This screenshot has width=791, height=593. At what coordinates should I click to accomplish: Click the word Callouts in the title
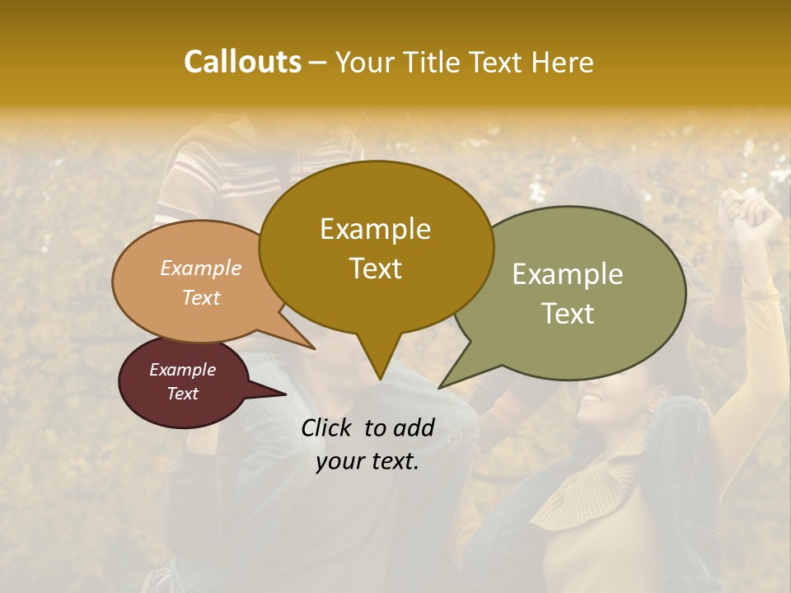pos(242,62)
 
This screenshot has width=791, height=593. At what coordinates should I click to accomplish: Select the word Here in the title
pos(562,63)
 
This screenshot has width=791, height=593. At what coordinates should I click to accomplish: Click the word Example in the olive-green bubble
pos(568,274)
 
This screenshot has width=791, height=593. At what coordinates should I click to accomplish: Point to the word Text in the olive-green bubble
pos(568,314)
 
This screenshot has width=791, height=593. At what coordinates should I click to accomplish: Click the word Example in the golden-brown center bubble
pos(375,229)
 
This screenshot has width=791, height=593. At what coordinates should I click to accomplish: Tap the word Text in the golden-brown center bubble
pos(375,268)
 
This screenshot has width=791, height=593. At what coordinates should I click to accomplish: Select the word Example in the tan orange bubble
pos(200,268)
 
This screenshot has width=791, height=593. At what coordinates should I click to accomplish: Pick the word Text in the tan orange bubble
pos(200,297)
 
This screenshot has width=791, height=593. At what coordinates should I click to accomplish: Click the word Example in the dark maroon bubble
pos(182,370)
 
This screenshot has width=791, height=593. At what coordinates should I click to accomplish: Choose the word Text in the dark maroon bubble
pos(182,394)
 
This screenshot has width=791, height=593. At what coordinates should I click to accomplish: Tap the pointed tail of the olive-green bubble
pos(442,386)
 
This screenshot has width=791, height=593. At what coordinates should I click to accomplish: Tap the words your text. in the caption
pos(367,462)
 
